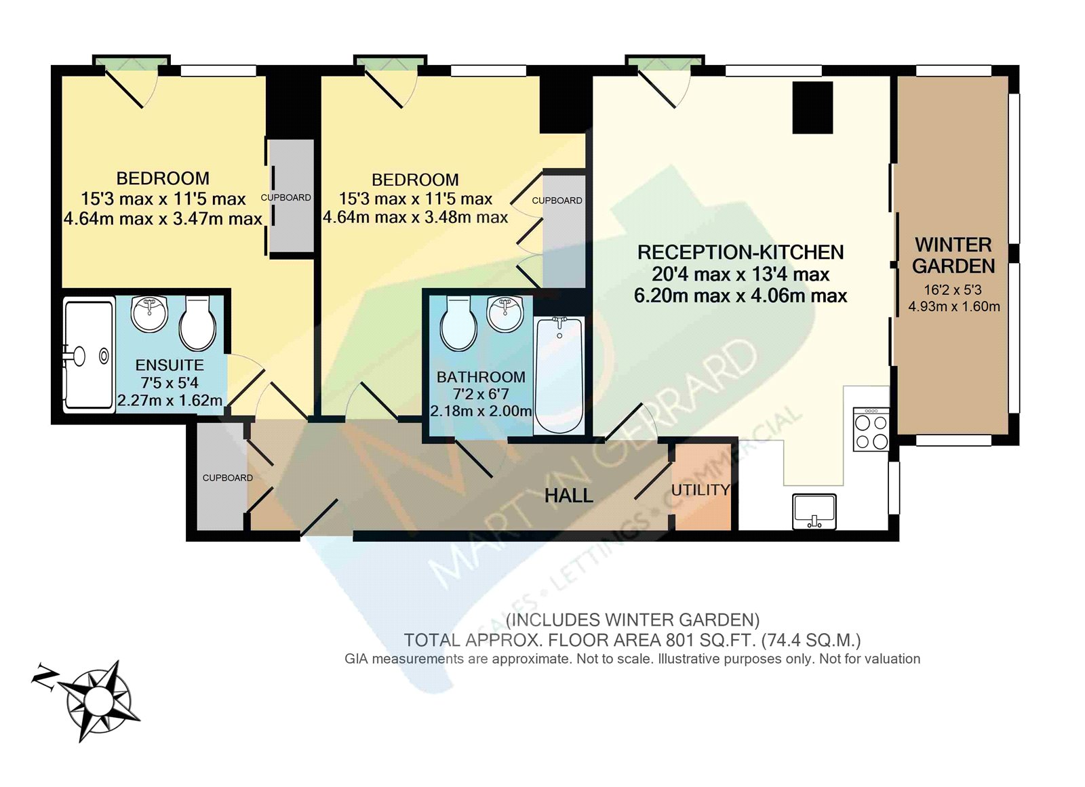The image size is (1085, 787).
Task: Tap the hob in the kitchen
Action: [x=871, y=430]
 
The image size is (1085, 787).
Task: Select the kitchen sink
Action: [x=814, y=511]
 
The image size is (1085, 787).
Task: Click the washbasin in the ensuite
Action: [x=149, y=313]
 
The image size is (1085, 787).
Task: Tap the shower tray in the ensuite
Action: [x=88, y=355]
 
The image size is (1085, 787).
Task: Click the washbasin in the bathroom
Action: [x=506, y=313]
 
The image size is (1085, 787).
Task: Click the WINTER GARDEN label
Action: [x=953, y=256]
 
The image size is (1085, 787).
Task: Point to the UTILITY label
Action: [x=701, y=490]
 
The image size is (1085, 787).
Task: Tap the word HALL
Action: [x=569, y=496]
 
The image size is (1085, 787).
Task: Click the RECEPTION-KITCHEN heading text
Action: [x=741, y=253]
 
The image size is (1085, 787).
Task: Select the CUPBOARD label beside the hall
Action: [x=228, y=478]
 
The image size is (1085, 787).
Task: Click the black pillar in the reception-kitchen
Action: [x=812, y=107]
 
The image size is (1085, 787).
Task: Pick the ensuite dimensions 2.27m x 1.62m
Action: [x=170, y=401]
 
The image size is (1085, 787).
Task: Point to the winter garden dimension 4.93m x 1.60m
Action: [x=954, y=306]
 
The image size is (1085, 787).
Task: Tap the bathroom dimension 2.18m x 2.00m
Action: [x=481, y=411]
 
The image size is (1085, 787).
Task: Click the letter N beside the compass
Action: [x=45, y=677]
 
